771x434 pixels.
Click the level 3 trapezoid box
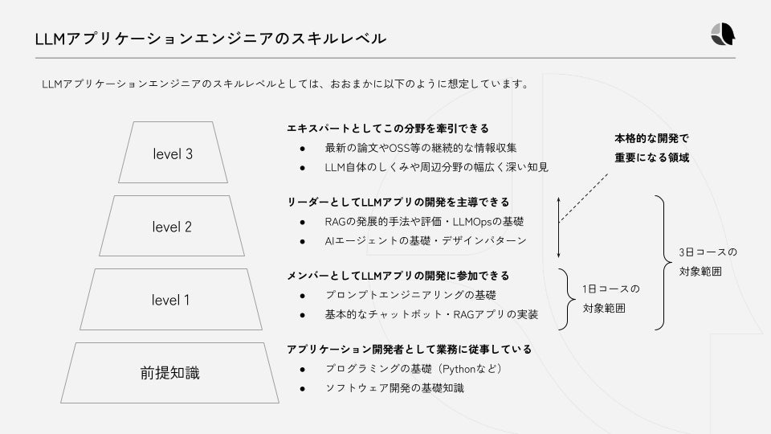[x=172, y=154]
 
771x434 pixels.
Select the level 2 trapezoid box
[x=172, y=227]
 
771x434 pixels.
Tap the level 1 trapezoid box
[x=171, y=300]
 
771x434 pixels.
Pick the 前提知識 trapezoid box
[x=169, y=373]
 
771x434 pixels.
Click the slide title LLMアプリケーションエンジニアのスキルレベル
[x=210, y=38]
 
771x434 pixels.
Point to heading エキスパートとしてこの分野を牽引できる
[x=388, y=129]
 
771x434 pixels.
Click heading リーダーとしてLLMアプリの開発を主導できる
[x=398, y=202]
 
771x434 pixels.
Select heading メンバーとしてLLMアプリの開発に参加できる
[x=398, y=276]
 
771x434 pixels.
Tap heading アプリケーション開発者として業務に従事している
[x=410, y=350]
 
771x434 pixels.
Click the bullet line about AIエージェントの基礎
[x=426, y=240]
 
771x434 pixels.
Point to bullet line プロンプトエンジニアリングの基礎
[x=410, y=295]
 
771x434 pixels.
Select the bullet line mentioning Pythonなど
[x=414, y=369]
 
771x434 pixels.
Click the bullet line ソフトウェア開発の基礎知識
[x=394, y=388]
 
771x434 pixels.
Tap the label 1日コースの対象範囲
[x=610, y=298]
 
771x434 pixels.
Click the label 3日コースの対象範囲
[x=707, y=262]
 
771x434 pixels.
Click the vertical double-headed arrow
[x=559, y=226]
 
